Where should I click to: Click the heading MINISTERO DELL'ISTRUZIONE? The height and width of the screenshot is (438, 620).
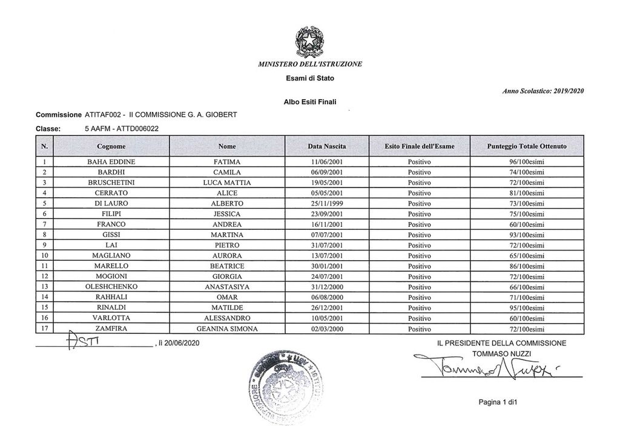pos(309,64)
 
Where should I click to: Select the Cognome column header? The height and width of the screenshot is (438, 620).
pos(111,146)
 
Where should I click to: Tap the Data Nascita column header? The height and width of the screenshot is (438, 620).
pos(326,146)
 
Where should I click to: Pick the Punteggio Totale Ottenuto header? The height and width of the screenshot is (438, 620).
pos(527,146)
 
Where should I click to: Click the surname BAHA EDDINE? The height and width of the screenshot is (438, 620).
pos(111,162)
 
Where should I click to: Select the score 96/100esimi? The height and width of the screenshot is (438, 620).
pos(527,162)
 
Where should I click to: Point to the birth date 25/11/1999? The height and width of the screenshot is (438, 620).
pos(326,203)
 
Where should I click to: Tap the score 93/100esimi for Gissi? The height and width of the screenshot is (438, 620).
pos(527,235)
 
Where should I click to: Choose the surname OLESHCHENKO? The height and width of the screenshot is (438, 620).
pos(111,287)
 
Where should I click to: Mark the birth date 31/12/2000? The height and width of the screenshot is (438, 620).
pos(326,287)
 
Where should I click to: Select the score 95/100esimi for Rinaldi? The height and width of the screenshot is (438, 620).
pos(527,308)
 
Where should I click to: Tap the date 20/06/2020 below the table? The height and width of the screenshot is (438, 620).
pos(179,343)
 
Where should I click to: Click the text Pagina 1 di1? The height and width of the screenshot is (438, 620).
pos(496,402)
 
